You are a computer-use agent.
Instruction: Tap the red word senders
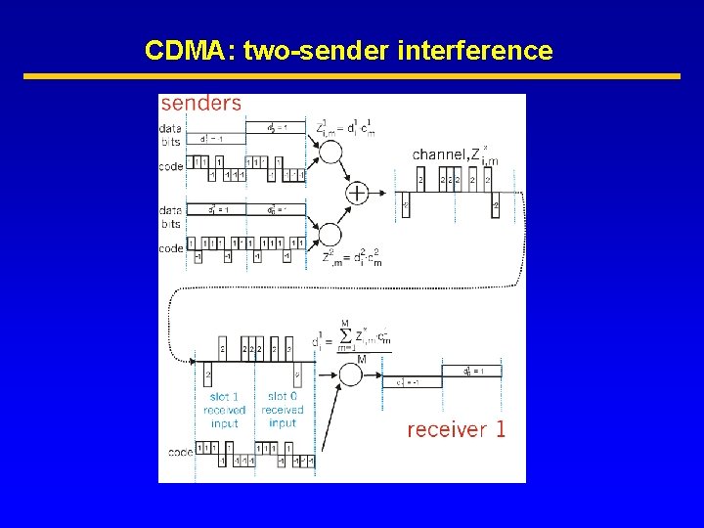tap(201, 104)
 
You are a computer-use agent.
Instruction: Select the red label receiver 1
tap(456, 429)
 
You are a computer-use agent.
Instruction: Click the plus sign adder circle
tap(357, 193)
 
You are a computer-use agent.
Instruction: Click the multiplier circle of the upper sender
tap(330, 154)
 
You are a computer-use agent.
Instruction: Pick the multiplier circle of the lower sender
tap(330, 235)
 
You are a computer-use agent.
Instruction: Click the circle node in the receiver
tap(350, 374)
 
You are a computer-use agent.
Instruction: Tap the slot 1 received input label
tap(225, 410)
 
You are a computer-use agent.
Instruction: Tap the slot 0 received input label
tap(283, 410)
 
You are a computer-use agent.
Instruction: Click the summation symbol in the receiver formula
tap(344, 336)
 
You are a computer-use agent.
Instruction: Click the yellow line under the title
tap(351, 76)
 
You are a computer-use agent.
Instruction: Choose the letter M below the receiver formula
tap(361, 359)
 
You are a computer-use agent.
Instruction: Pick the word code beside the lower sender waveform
tap(171, 248)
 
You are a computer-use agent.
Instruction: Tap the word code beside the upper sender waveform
tap(171, 166)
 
